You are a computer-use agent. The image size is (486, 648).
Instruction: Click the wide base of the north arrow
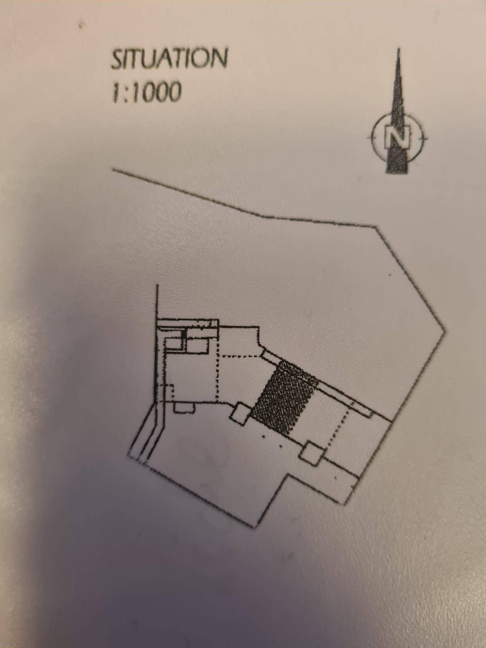[x=399, y=168]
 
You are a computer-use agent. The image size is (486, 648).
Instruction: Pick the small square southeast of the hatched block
[x=312, y=453]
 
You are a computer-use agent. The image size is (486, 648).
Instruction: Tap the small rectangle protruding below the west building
[x=184, y=407]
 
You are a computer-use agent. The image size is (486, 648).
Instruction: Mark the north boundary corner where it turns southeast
[x=377, y=228]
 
